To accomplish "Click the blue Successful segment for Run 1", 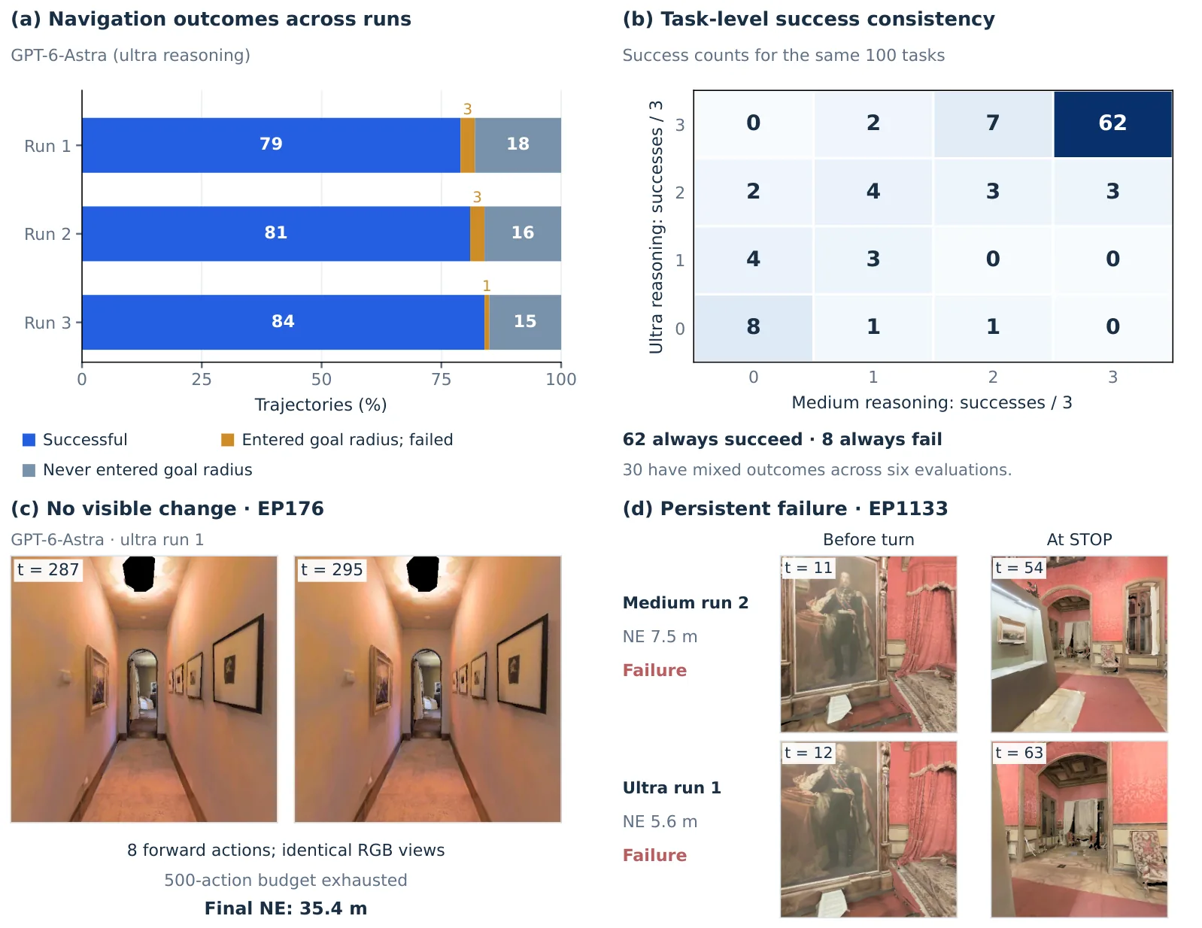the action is pos(271,145).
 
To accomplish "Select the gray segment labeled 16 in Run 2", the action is pos(523,233).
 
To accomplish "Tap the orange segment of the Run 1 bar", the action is pos(467,145).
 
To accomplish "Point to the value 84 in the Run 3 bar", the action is pos(283,321).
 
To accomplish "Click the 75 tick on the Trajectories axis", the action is pos(441,379).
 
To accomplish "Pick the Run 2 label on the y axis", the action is pos(47,234).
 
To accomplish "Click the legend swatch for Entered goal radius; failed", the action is pos(227,440).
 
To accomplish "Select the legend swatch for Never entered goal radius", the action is pos(29,470).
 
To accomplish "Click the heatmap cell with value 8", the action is pos(754,328).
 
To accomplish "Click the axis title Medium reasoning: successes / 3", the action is pos(931,402).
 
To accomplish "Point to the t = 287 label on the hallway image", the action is pos(48,569).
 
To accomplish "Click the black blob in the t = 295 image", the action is pos(423,574).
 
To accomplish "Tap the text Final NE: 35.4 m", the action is pos(285,908).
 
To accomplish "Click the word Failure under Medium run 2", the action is pos(654,670).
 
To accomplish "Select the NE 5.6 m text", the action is pos(660,822).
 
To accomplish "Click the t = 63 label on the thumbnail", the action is pos(1018,753).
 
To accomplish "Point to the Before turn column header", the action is pos(869,539).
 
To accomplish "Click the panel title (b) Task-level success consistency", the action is pos(808,20).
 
